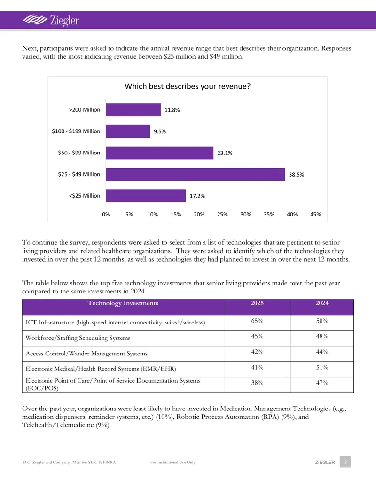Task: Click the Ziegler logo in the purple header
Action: [51, 21]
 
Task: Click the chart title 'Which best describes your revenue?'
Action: [188, 86]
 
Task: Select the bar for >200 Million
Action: [133, 110]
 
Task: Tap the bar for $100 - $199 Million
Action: [128, 131]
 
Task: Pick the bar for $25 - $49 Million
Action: [196, 174]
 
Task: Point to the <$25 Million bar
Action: [146, 196]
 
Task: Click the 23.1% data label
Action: [225, 153]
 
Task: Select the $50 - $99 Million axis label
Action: [79, 153]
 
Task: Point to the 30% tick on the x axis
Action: [246, 214]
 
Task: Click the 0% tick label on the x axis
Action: [106, 214]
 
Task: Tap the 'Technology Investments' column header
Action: [123, 303]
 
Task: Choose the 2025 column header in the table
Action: [257, 303]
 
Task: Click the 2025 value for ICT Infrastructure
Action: [257, 321]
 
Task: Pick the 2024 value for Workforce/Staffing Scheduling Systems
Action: [322, 336]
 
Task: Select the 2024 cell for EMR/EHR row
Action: [322, 367]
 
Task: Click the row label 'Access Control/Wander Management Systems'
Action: [86, 353]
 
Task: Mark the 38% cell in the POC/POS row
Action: [257, 383]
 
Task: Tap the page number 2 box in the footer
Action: [345, 462]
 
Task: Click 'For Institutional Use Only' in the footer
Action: [173, 462]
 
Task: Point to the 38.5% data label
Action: [296, 175]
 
